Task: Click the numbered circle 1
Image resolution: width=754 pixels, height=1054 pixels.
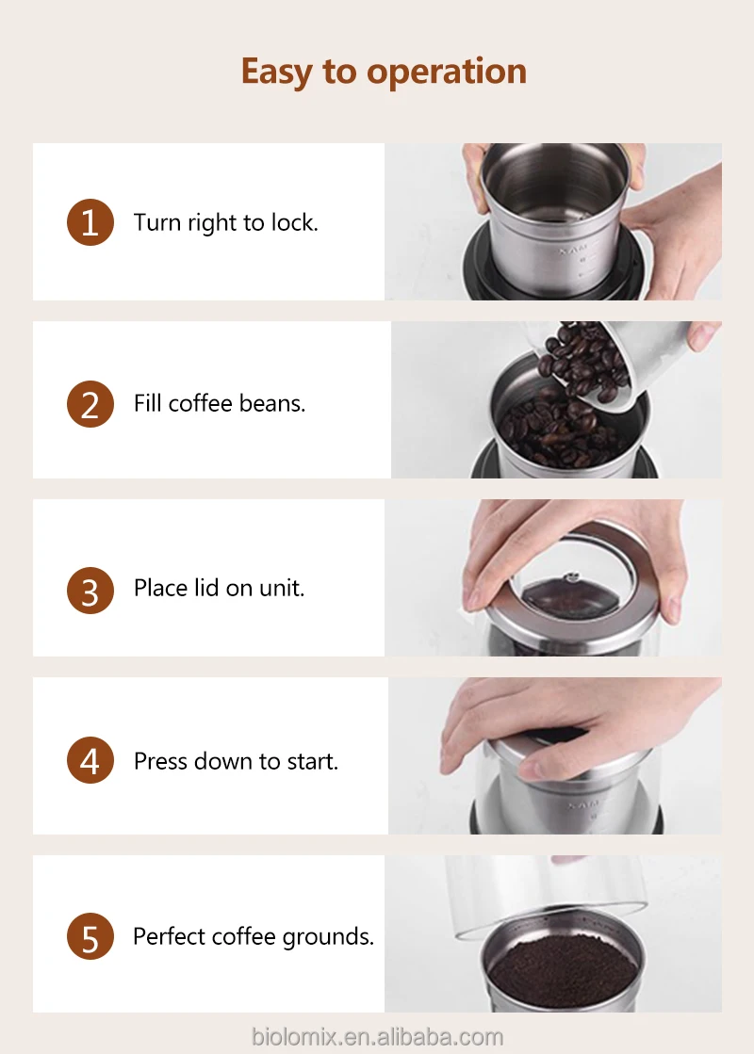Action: [x=90, y=222]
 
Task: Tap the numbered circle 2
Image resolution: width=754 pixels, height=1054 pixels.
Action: [x=90, y=405]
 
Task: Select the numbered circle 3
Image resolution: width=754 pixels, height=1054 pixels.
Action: [x=90, y=591]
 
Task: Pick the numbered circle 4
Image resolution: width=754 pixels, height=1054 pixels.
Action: [x=90, y=760]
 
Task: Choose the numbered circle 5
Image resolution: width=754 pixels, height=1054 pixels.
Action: [x=90, y=936]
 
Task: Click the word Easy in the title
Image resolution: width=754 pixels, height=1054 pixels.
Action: [x=276, y=73]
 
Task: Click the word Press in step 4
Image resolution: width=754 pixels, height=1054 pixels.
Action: [x=160, y=761]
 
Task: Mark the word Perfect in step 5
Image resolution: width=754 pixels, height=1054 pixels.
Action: [x=172, y=936]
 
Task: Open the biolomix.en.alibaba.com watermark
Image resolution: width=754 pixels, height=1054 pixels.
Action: [x=377, y=1036]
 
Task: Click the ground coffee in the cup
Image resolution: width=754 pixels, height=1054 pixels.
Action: [x=562, y=970]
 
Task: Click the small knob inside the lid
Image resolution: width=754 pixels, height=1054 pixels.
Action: [x=572, y=576]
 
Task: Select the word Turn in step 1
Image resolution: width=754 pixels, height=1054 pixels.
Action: [x=157, y=222]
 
